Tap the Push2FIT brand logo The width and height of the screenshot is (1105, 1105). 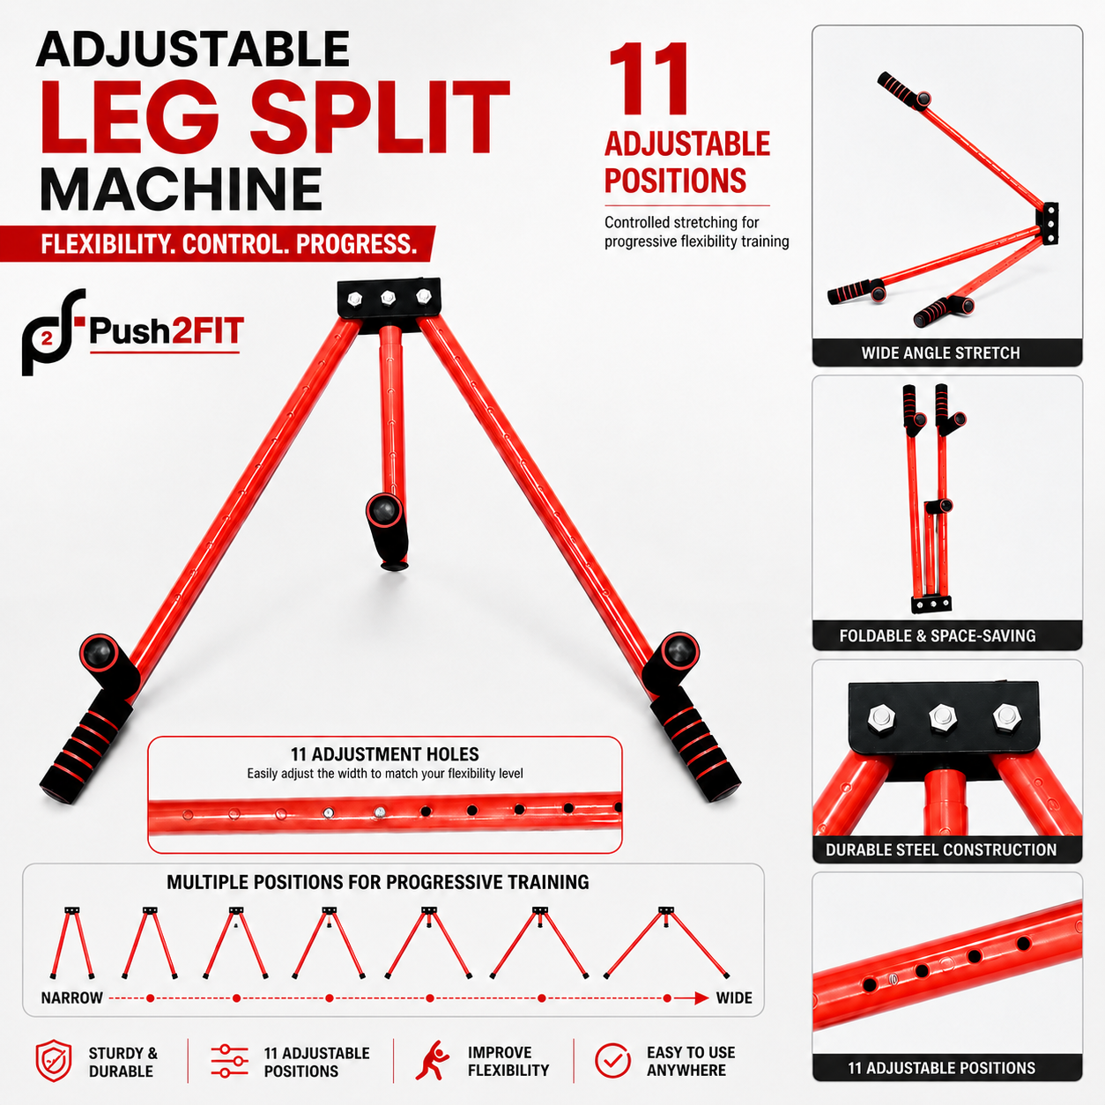click(133, 332)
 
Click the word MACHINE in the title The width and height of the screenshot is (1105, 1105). click(181, 189)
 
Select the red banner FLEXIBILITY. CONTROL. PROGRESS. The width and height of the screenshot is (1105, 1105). click(218, 244)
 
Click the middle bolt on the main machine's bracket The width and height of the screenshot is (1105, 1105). click(389, 297)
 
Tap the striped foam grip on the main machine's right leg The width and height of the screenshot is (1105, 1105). click(695, 746)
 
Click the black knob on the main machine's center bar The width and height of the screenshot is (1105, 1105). click(384, 508)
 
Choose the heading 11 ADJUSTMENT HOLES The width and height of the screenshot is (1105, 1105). click(384, 754)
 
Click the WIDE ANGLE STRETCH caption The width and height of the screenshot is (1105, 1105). click(940, 352)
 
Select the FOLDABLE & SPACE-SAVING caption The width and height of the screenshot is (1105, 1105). click(938, 635)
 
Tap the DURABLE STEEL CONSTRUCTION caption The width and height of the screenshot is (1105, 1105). click(941, 849)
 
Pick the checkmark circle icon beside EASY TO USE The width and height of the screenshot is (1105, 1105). click(613, 1061)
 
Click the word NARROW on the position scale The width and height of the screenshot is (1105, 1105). click(71, 997)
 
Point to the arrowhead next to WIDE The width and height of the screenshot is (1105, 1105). click(701, 997)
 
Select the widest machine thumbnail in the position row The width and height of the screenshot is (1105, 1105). click(666, 943)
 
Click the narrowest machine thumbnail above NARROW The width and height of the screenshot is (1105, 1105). click(72, 943)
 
